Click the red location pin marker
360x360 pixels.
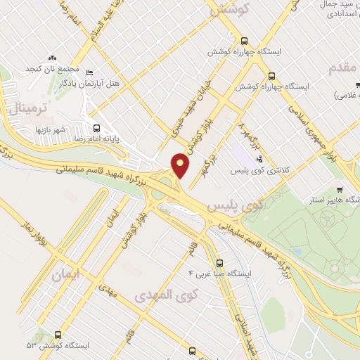point(181,165)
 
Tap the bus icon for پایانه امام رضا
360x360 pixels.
point(96,129)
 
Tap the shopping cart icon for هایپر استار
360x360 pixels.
point(340,188)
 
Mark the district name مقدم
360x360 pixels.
point(339,67)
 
